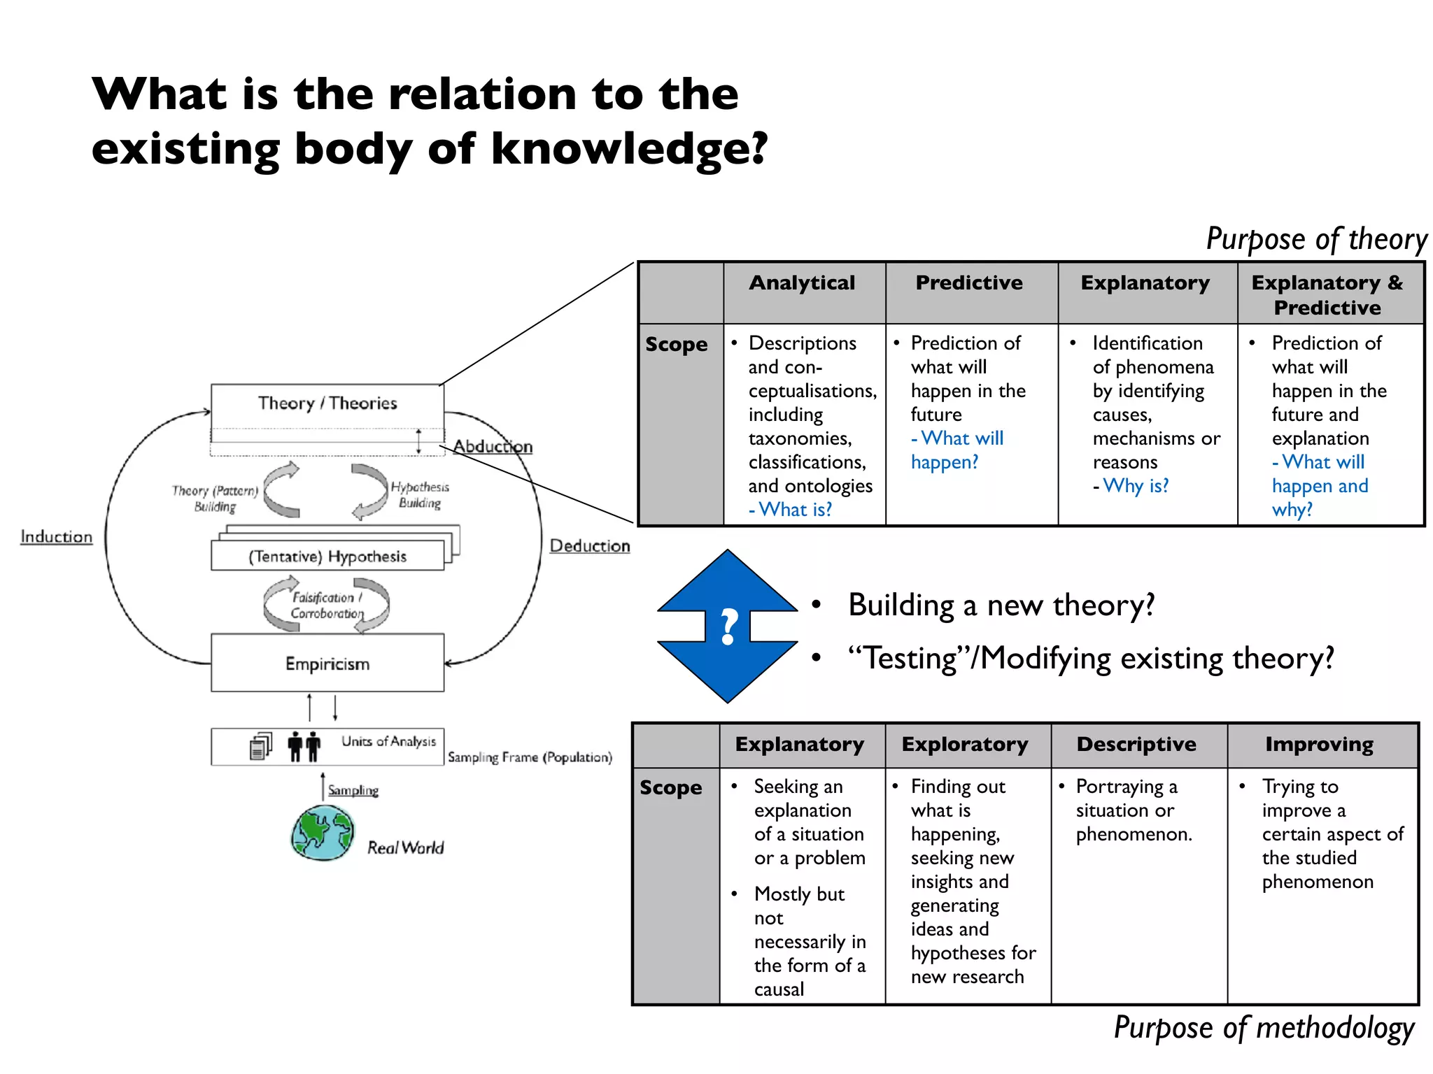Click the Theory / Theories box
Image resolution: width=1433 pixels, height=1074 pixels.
[x=327, y=403]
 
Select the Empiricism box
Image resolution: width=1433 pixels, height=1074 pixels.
[x=327, y=664]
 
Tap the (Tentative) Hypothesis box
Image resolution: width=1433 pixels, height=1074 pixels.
[x=327, y=557]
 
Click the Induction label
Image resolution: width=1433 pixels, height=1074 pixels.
[x=56, y=537]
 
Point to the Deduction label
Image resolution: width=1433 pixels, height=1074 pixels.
[x=589, y=546]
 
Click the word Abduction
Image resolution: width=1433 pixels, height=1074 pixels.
[x=493, y=446]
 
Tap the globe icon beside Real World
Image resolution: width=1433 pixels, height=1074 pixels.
[x=323, y=833]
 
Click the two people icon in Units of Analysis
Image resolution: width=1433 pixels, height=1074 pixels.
[x=304, y=746]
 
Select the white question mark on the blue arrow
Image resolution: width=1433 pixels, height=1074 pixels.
[x=728, y=626]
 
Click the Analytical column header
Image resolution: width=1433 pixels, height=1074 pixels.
[x=802, y=283]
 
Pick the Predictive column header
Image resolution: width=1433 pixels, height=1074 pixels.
[x=969, y=283]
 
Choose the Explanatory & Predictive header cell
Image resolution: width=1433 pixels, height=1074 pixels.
[x=1327, y=294]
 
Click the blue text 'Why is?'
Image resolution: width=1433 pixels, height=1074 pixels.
[x=1135, y=486]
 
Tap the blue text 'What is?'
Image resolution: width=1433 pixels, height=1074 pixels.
[x=795, y=510]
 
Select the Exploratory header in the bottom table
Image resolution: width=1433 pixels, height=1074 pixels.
[x=964, y=745]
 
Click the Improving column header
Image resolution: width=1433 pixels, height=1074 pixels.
[x=1319, y=745]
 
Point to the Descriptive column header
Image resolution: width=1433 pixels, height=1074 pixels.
[x=1136, y=745]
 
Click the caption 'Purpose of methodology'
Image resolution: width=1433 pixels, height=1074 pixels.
[x=1264, y=1029]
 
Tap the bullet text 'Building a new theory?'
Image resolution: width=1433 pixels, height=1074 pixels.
[x=1001, y=606]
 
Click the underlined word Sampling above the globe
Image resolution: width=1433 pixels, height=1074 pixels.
[x=353, y=790]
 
